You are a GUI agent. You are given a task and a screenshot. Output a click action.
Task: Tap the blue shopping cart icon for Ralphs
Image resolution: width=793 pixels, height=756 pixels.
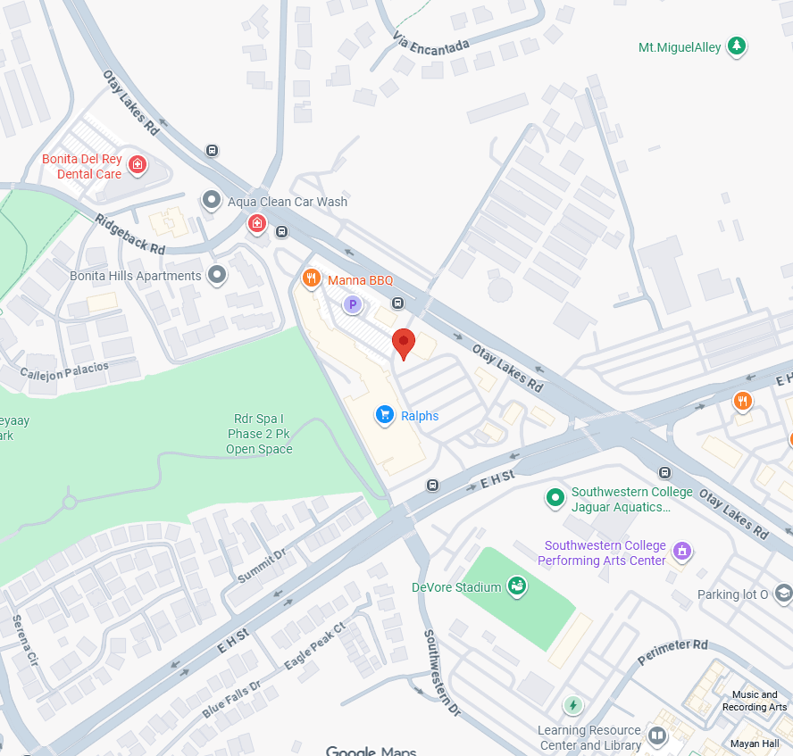385,414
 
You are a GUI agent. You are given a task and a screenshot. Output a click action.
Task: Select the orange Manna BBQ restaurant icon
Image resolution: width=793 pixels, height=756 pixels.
311,279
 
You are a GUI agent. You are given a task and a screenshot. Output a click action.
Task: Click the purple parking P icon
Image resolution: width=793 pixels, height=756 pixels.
353,305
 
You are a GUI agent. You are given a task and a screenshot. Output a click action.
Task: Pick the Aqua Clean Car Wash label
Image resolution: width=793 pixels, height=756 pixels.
287,202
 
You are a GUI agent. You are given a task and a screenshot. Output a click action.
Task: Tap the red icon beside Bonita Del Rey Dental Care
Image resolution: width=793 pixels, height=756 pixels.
138,164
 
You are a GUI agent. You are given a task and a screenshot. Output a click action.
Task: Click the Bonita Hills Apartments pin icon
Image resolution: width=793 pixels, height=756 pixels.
217,275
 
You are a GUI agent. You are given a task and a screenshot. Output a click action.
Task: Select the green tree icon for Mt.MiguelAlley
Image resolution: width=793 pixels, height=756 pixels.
736,46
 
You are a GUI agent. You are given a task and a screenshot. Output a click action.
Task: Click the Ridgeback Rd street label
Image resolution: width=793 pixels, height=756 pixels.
130,234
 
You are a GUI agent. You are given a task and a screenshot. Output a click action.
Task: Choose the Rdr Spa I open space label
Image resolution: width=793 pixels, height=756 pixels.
259,434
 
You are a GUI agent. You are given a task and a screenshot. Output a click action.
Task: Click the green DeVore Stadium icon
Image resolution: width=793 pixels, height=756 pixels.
516,586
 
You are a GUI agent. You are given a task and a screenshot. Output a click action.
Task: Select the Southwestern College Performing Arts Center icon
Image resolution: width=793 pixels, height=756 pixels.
682,551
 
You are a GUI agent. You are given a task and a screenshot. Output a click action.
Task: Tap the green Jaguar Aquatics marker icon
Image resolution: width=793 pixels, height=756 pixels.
555,496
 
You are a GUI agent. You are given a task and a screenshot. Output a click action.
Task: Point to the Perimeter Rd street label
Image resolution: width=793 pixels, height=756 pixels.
673,652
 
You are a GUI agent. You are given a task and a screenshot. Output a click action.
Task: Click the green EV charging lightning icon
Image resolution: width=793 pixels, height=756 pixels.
572,705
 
